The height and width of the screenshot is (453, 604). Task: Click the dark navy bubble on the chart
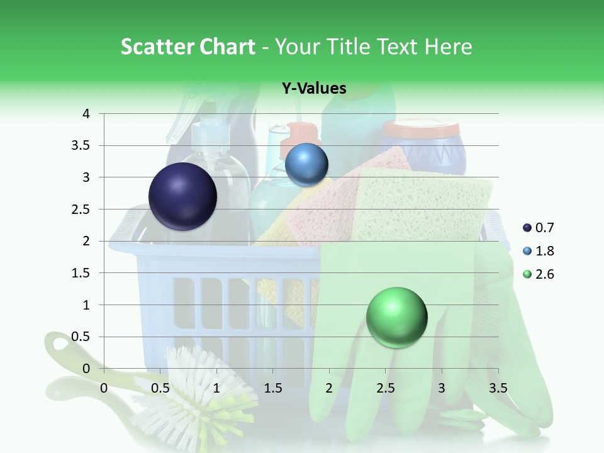click(x=182, y=196)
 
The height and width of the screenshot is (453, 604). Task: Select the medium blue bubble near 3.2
click(x=306, y=165)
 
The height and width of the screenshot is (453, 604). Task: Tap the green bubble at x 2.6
click(x=396, y=317)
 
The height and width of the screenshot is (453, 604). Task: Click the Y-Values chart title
click(x=314, y=89)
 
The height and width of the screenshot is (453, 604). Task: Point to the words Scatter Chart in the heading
click(x=187, y=47)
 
